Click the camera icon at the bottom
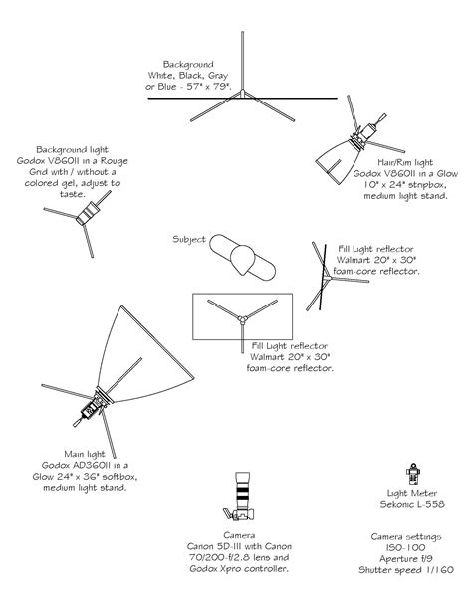[240, 497]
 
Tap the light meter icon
[413, 474]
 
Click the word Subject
[189, 239]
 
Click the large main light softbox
[144, 358]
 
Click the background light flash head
[88, 214]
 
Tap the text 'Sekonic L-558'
[412, 504]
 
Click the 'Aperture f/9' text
[406, 559]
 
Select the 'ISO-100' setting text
[406, 547]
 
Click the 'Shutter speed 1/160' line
[406, 570]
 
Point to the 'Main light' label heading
[85, 454]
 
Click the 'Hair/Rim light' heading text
[405, 162]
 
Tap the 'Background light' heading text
[72, 150]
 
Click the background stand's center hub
[242, 94]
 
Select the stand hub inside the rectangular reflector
[242, 320]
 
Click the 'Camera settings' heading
[406, 537]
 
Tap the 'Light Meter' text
[412, 493]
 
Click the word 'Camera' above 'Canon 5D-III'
[239, 535]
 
